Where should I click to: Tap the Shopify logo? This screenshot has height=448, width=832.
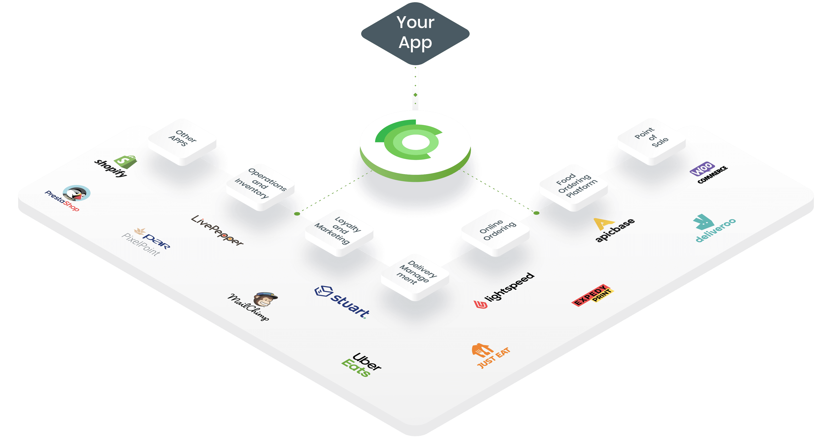pyautogui.click(x=116, y=166)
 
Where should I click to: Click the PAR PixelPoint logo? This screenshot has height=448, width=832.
pyautogui.click(x=146, y=242)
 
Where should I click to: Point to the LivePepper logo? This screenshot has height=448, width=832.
pyautogui.click(x=217, y=230)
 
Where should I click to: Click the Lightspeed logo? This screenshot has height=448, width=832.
pyautogui.click(x=504, y=290)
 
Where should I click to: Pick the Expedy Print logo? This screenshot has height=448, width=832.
pyautogui.click(x=592, y=295)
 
